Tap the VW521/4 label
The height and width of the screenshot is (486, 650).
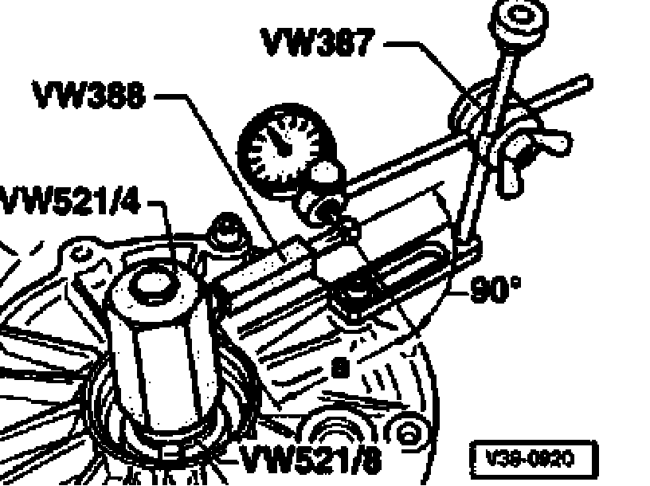pyautogui.click(x=70, y=201)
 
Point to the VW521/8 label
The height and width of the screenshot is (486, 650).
pyautogui.click(x=311, y=457)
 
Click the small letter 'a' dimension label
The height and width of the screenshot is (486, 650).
pyautogui.click(x=340, y=368)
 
